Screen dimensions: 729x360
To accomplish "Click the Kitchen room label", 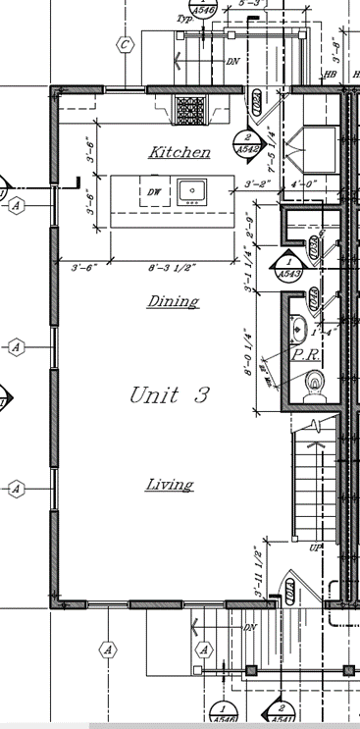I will pyautogui.click(x=179, y=152).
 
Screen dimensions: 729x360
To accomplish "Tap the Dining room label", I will pyautogui.click(x=173, y=301).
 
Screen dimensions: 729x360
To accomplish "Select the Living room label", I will pyautogui.click(x=169, y=484).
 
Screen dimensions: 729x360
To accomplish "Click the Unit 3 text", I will pyautogui.click(x=170, y=395).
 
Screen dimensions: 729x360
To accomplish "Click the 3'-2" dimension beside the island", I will pyautogui.click(x=257, y=183).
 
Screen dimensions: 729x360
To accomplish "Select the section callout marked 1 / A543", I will pyautogui.click(x=288, y=269).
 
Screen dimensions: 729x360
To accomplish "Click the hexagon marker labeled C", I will pyautogui.click(x=125, y=44).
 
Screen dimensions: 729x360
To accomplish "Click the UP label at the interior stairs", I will pyautogui.click(x=315, y=547).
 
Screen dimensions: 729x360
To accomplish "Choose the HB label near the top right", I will pyautogui.click(x=331, y=75).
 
